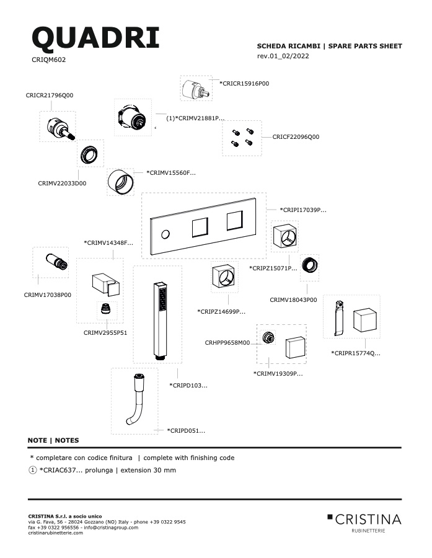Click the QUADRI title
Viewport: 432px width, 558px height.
tap(95, 38)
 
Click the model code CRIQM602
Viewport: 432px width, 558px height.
tap(49, 60)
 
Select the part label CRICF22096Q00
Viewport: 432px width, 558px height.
tap(296, 136)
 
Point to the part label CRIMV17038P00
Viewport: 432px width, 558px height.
tap(47, 294)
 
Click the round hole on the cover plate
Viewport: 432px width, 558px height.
tap(165, 234)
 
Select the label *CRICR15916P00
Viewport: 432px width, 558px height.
tap(244, 84)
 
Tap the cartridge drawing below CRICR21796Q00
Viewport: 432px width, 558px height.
tap(61, 129)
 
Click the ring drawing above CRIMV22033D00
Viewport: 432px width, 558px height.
tap(90, 154)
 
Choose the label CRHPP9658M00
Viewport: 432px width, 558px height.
tap(227, 343)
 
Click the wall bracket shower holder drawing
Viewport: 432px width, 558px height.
tap(106, 285)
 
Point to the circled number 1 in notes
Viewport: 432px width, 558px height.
tap(32, 470)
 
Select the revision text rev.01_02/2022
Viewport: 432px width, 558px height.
tap(283, 56)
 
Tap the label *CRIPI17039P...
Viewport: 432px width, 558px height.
tap(303, 210)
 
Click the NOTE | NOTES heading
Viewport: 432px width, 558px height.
tap(53, 440)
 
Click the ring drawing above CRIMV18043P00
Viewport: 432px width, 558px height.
tap(309, 265)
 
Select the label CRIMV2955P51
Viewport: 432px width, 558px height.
tap(105, 333)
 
